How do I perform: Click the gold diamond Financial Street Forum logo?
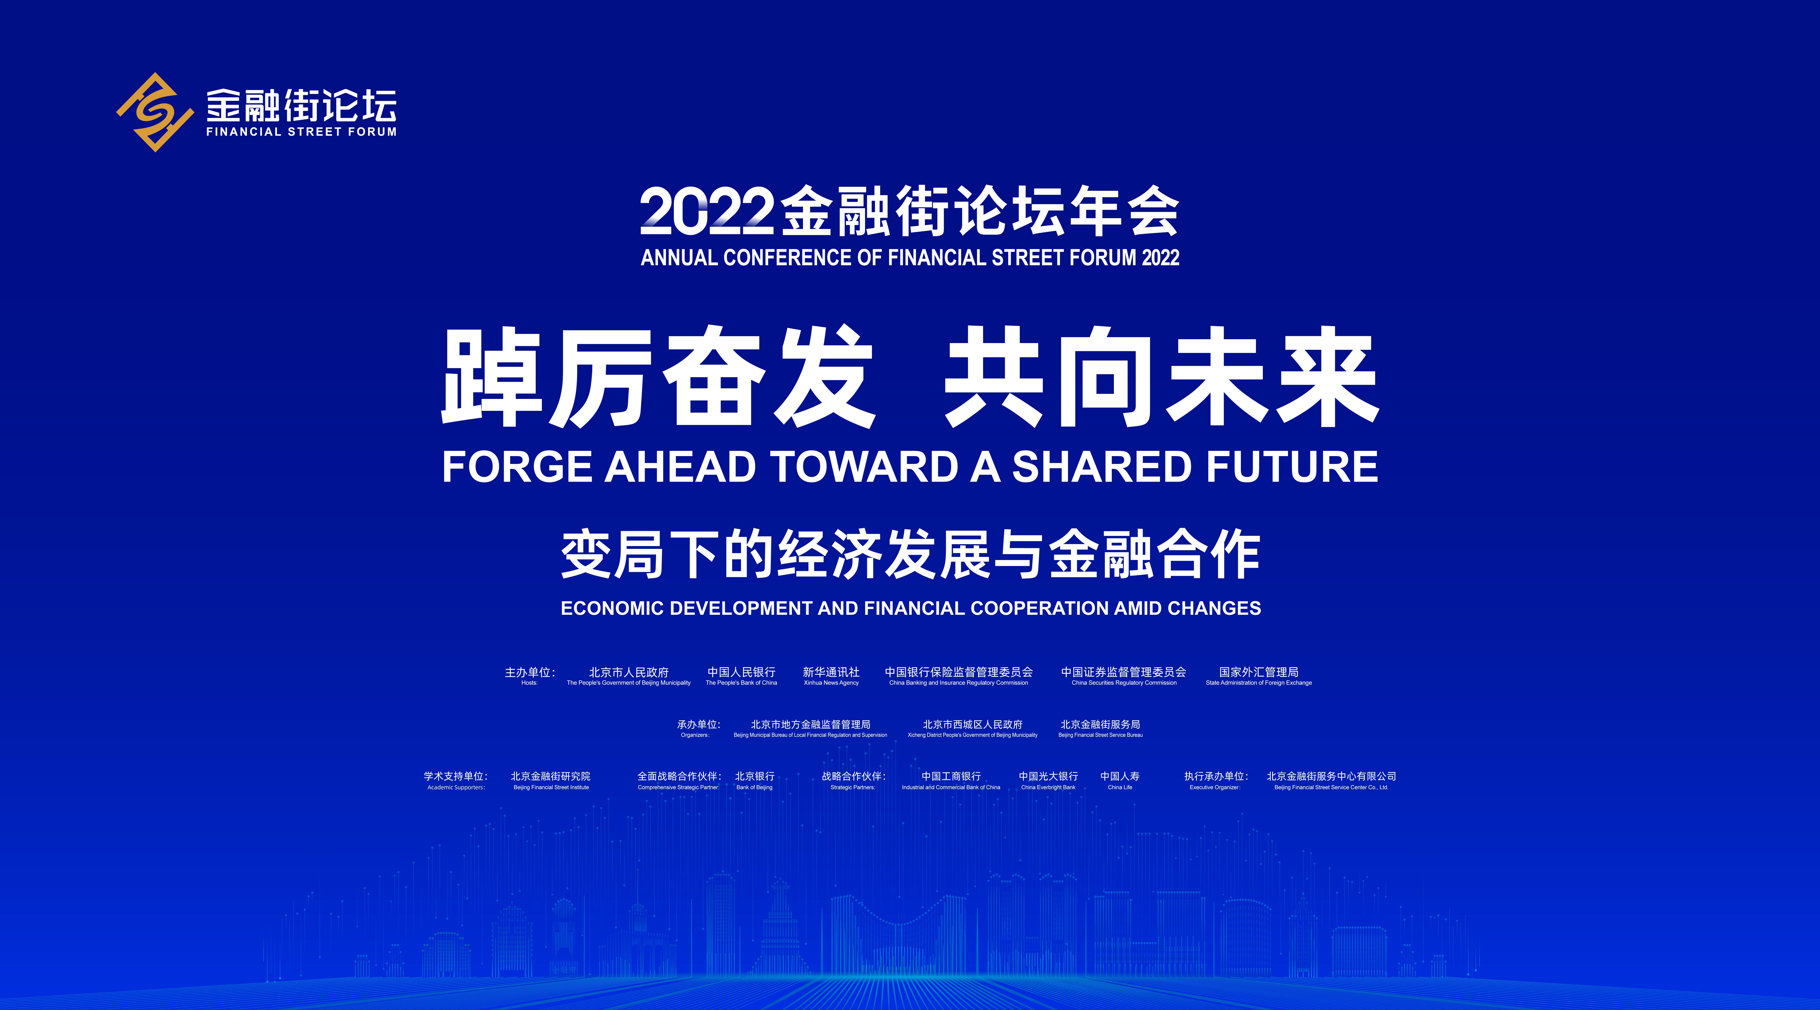click(x=155, y=112)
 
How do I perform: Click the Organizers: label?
click(x=695, y=735)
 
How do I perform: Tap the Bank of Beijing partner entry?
click(x=755, y=781)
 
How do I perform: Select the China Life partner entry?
click(x=1120, y=781)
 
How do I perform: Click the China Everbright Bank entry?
click(x=1049, y=781)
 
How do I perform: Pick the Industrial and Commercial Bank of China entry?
click(x=951, y=781)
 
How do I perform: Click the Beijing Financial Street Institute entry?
click(x=551, y=781)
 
